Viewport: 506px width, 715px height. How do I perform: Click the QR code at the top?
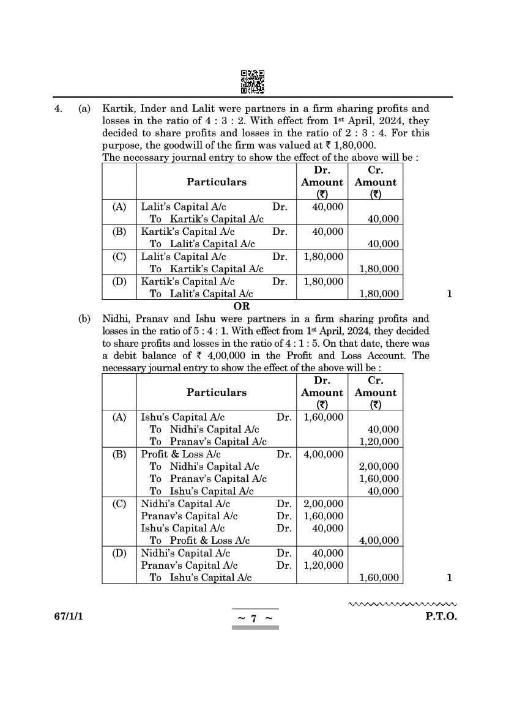click(253, 82)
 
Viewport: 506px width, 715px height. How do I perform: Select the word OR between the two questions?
click(242, 306)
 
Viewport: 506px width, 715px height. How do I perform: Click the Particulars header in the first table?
click(217, 182)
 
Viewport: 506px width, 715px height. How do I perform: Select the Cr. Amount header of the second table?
click(376, 393)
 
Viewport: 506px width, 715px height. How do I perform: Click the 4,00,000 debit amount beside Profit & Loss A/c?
click(323, 454)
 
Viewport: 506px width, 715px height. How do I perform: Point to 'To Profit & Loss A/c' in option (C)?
click(200, 541)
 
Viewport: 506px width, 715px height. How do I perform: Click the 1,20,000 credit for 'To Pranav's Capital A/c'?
click(379, 442)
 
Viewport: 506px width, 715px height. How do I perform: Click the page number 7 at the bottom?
click(255, 618)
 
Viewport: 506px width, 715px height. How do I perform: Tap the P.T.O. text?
click(441, 617)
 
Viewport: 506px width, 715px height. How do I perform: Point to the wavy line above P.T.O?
click(403, 604)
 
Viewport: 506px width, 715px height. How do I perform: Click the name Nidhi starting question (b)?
click(114, 319)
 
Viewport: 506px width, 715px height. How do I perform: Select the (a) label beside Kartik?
click(84, 109)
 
